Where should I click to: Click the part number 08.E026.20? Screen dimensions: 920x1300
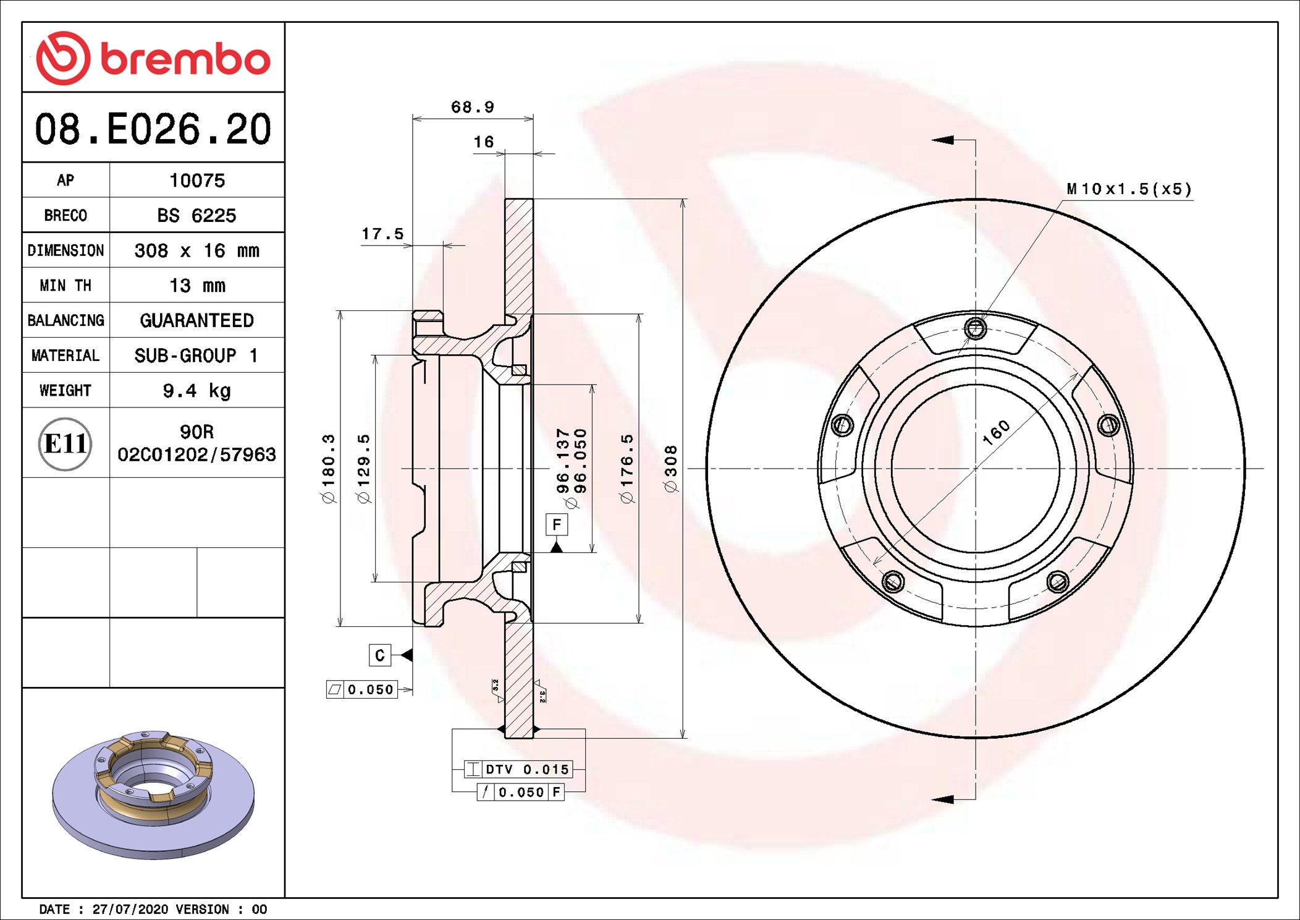point(153,129)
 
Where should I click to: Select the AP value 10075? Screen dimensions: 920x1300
point(197,181)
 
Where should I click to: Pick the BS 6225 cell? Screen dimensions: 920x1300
point(196,215)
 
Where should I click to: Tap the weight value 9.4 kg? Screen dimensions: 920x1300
point(196,391)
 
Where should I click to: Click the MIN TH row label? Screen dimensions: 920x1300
point(65,286)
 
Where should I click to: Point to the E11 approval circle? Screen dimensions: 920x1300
point(65,444)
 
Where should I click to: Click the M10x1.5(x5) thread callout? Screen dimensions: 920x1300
point(1129,189)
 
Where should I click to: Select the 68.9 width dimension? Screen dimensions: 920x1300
point(473,108)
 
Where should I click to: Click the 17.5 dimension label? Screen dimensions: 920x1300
point(382,234)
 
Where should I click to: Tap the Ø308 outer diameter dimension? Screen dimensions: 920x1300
point(671,469)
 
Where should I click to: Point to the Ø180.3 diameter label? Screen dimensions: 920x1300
point(329,469)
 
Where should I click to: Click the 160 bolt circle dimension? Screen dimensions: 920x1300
point(996,432)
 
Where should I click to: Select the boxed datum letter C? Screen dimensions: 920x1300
point(379,655)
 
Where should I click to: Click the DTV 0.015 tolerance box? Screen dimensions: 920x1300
point(519,770)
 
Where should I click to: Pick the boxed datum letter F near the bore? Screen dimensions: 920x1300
point(557,525)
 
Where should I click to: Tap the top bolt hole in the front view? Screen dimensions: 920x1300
point(975,328)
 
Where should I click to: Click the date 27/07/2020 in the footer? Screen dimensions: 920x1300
point(130,909)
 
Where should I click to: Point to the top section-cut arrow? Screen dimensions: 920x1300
point(943,140)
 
